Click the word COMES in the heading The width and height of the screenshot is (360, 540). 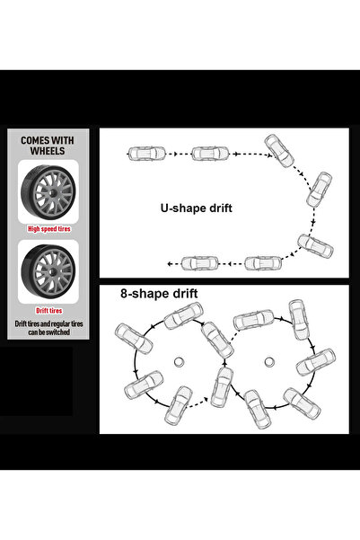coord(35,140)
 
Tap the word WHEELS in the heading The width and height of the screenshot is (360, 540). coord(48,151)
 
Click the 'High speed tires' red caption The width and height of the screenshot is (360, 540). coord(49,229)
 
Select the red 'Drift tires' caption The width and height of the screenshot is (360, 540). coord(48,311)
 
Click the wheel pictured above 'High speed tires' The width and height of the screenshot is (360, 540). coord(48,191)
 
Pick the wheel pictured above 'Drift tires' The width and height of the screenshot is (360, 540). coord(48,270)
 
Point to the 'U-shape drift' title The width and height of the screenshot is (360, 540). coord(197,208)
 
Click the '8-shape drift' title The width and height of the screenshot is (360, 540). coord(159,294)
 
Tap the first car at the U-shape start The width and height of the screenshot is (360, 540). coord(146,154)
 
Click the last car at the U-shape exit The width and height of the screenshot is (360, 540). coord(200,263)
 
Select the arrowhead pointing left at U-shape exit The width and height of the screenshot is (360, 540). coord(170,264)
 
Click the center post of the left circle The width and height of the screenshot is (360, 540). coord(179,362)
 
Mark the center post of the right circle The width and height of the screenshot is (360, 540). coord(269,361)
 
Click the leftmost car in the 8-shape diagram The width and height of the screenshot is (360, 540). coord(134,339)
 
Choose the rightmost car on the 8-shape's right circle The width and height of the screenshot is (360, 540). coord(316,362)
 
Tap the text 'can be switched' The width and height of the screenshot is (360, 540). coord(48,332)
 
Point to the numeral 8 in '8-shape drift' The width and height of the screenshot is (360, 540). coord(124,294)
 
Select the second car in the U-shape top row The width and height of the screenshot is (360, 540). coord(210,154)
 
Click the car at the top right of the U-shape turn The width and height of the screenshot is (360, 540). coord(279,151)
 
